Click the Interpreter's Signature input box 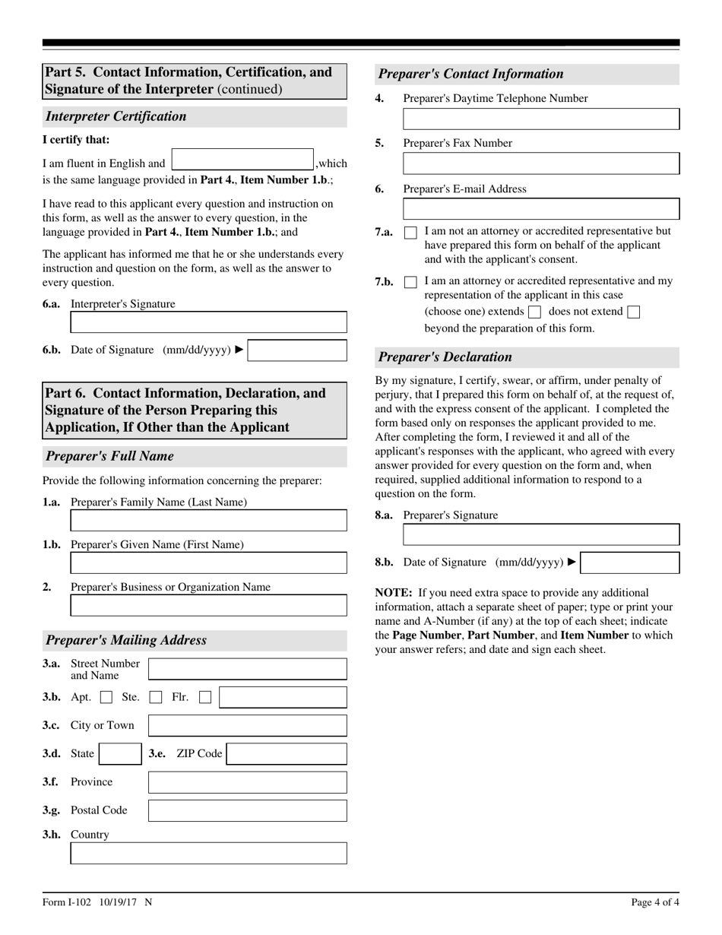[208, 322]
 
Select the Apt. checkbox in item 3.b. [107, 697]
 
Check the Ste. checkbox [156, 697]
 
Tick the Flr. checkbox [205, 697]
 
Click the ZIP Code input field [287, 754]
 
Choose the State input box [120, 754]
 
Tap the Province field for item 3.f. [247, 782]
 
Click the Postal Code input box [247, 810]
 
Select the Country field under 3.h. [208, 853]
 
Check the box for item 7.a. [410, 233]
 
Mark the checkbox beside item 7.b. [410, 282]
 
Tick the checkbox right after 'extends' [534, 312]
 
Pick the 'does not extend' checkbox [634, 312]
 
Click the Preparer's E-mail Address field [541, 209]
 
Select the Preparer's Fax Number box [541, 163]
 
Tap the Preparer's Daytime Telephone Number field [541, 119]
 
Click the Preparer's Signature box [541, 534]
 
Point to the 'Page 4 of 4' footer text [655, 902]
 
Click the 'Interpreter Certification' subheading [116, 116]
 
